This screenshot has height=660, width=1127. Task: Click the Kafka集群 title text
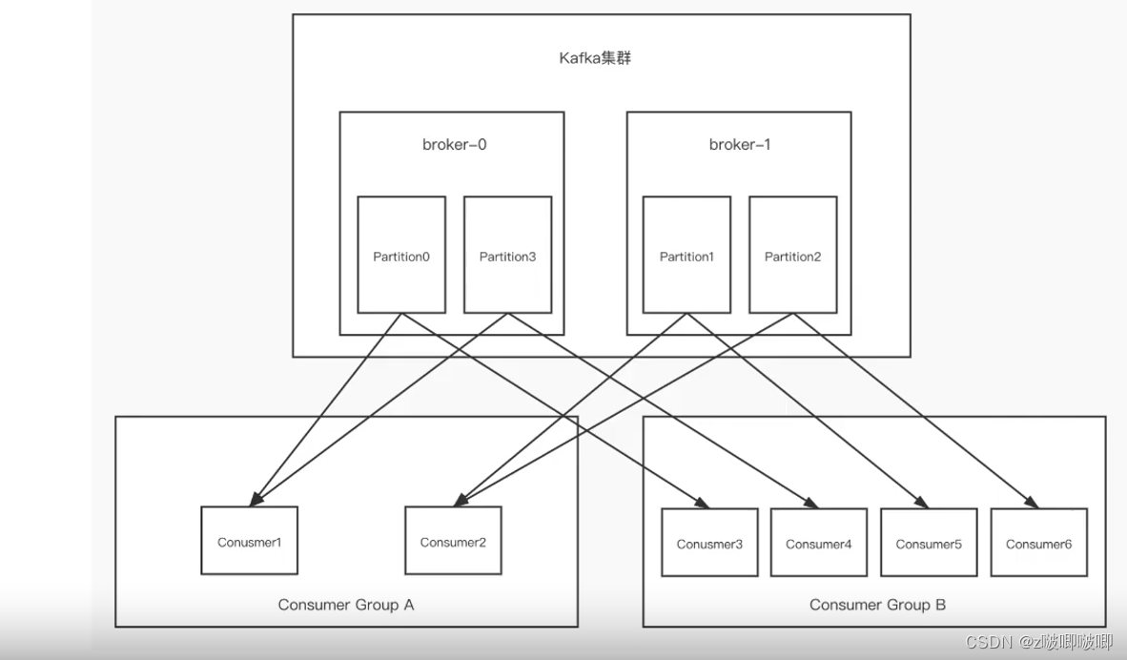pyautogui.click(x=595, y=58)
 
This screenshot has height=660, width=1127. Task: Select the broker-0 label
pyautogui.click(x=455, y=145)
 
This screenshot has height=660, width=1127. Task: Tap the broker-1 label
pyautogui.click(x=739, y=145)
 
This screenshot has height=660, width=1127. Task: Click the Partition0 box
pyautogui.click(x=401, y=255)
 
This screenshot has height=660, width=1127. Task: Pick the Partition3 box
pyautogui.click(x=507, y=255)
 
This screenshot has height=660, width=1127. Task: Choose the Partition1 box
pyautogui.click(x=686, y=255)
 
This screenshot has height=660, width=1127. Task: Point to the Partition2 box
pyautogui.click(x=793, y=255)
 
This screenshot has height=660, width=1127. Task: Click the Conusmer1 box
pyautogui.click(x=249, y=541)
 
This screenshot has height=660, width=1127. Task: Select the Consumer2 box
pyautogui.click(x=453, y=541)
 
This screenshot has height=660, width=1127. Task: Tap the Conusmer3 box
pyautogui.click(x=709, y=543)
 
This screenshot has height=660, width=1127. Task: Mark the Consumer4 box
pyautogui.click(x=819, y=543)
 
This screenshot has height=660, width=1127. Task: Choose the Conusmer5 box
pyautogui.click(x=929, y=543)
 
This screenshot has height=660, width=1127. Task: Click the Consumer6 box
pyautogui.click(x=1038, y=543)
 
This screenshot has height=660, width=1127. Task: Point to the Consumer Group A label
pyautogui.click(x=346, y=605)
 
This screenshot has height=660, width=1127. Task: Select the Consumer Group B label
pyautogui.click(x=877, y=605)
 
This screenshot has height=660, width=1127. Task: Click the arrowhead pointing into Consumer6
pyautogui.click(x=1033, y=503)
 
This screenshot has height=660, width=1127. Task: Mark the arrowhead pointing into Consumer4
pyautogui.click(x=813, y=503)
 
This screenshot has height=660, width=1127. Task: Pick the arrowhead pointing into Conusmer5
pyautogui.click(x=923, y=503)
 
